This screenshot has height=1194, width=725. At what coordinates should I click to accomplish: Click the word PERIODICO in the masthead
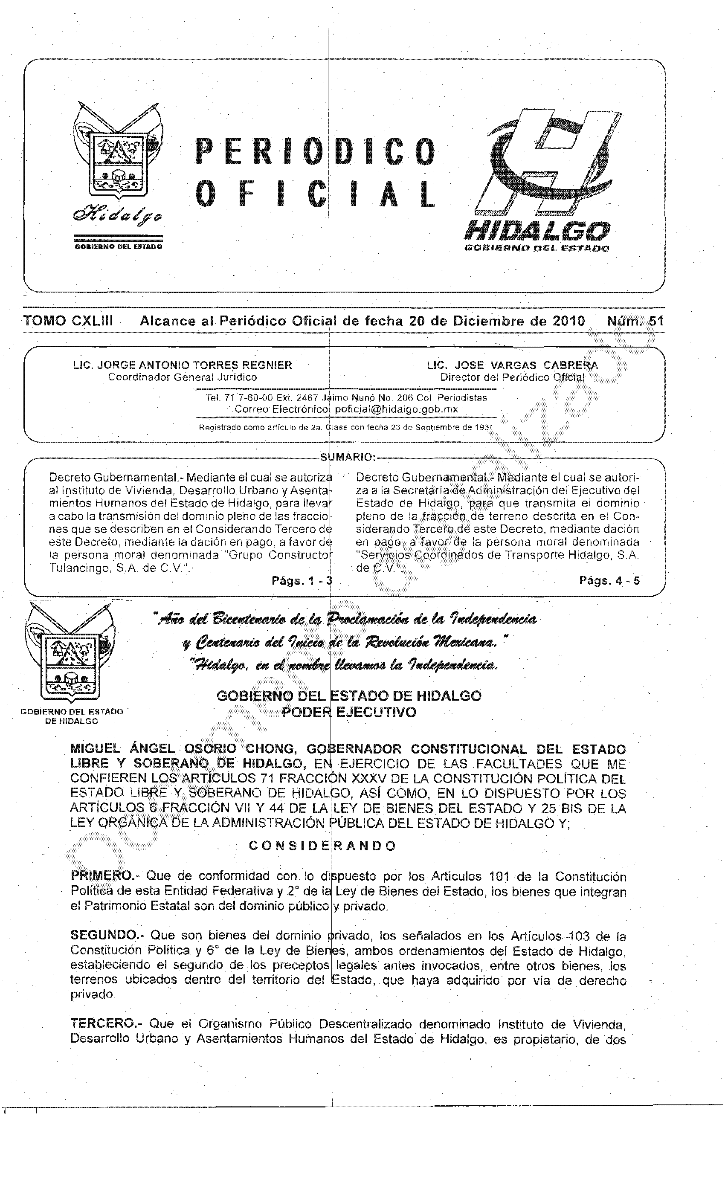[315, 152]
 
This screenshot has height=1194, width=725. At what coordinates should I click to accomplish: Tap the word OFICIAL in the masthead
[315, 194]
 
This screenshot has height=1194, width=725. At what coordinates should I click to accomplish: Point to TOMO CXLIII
[68, 321]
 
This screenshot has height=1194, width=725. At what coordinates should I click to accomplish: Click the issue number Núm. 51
[635, 321]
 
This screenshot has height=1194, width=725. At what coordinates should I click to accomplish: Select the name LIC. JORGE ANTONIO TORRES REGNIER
[183, 365]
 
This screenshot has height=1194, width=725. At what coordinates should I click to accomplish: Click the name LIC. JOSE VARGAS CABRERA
[512, 365]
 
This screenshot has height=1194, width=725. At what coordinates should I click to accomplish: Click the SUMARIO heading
[347, 457]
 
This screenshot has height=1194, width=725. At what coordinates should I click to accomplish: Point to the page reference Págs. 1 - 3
[302, 580]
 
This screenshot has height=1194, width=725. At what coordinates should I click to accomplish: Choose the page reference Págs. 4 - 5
[609, 580]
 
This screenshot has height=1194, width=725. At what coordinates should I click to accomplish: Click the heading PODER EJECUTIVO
[349, 712]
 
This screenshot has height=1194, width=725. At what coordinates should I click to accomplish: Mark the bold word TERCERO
[103, 1023]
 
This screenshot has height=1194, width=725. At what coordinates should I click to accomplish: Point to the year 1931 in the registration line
[482, 427]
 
